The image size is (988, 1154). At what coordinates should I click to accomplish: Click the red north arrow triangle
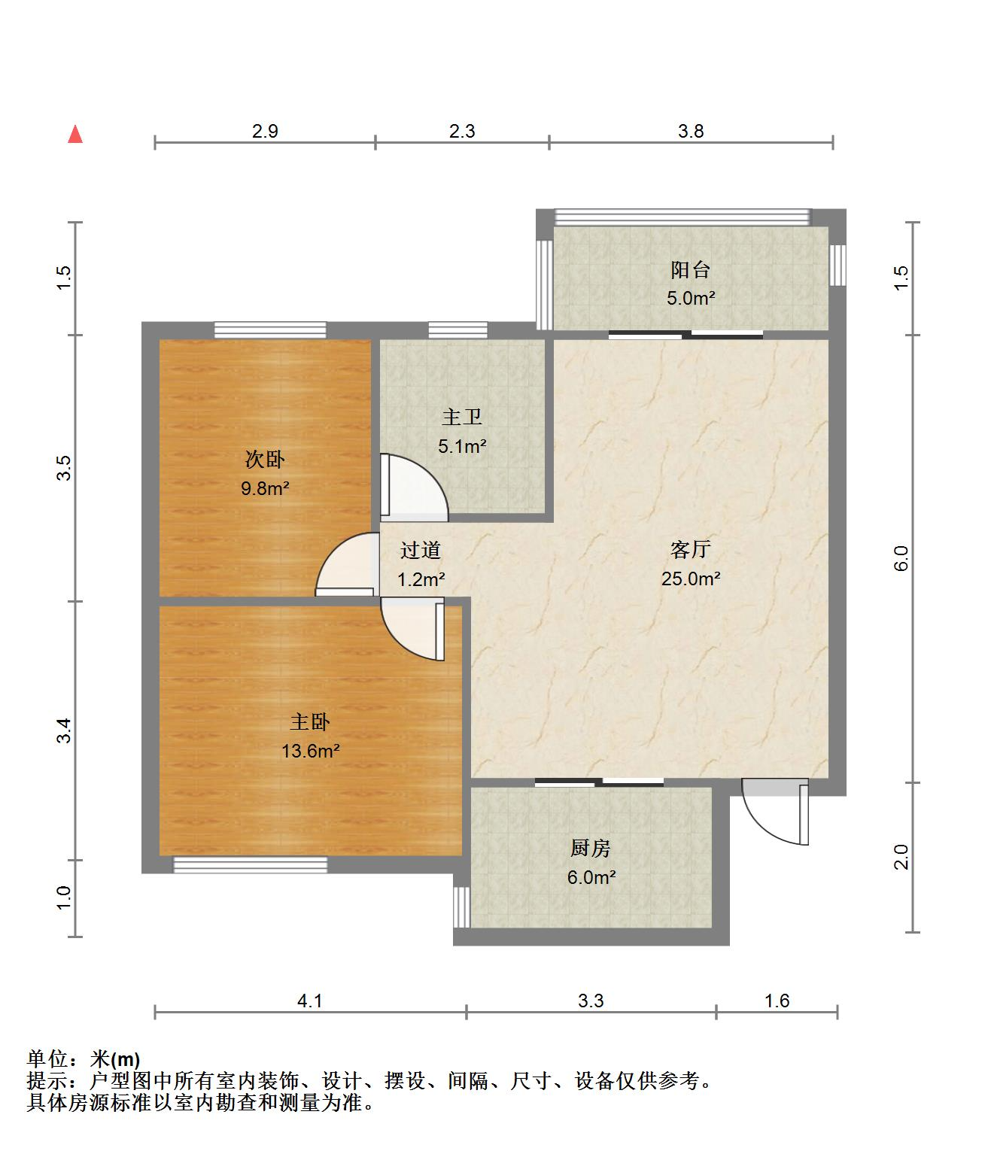[x=75, y=135]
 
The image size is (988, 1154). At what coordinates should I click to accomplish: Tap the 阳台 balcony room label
[x=690, y=270]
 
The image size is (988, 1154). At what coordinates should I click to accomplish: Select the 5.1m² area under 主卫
[x=462, y=446]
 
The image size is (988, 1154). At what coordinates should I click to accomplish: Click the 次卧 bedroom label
[x=265, y=460]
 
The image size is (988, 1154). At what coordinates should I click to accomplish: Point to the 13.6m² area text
[x=311, y=751]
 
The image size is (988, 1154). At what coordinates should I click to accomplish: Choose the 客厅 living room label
[x=690, y=549]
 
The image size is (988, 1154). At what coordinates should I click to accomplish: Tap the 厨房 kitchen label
[x=591, y=848]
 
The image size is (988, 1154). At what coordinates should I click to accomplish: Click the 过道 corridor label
[x=421, y=550]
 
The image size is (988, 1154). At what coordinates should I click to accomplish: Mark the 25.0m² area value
[x=691, y=579]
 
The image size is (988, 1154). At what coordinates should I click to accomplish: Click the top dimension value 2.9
[x=265, y=131]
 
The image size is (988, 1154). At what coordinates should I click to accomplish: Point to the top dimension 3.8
[x=691, y=131]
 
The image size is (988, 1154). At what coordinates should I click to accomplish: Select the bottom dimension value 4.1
[x=310, y=1001]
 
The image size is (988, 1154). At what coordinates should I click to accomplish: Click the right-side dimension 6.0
[x=901, y=558]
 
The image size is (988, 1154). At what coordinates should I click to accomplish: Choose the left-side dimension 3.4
[x=64, y=730]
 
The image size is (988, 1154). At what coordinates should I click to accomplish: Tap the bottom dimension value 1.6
[x=777, y=1001]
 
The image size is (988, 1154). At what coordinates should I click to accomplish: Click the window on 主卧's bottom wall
[x=251, y=865]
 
